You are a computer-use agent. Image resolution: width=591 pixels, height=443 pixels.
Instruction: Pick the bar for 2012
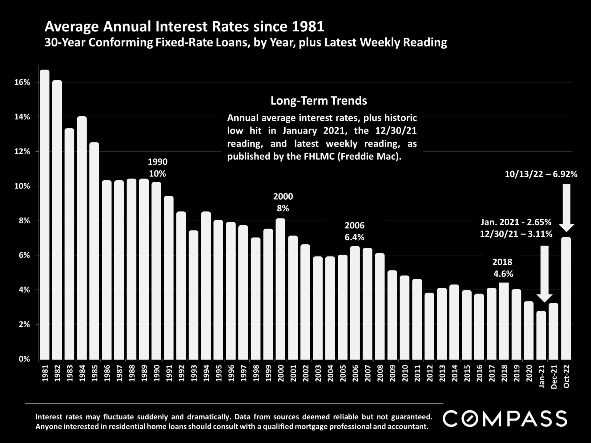click(x=429, y=326)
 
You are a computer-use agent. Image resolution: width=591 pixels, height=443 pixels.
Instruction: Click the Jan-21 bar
click(x=541, y=335)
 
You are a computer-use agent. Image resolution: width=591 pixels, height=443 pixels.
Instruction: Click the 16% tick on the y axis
click(x=22, y=82)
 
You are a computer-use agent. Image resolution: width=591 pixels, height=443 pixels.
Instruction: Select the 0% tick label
click(x=24, y=359)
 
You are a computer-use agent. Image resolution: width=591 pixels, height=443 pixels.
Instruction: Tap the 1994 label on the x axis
click(x=206, y=373)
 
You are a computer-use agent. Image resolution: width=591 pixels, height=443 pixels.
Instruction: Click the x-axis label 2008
click(x=380, y=373)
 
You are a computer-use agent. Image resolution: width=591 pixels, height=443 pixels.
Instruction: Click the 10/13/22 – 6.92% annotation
click(x=541, y=174)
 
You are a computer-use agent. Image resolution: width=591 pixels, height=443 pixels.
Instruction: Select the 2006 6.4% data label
click(x=354, y=231)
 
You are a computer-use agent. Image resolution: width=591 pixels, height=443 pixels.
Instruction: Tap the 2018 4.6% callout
click(x=503, y=268)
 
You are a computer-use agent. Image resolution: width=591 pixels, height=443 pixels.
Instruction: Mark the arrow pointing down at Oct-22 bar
click(x=566, y=208)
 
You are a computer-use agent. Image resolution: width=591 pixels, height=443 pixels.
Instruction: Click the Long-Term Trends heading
click(x=319, y=101)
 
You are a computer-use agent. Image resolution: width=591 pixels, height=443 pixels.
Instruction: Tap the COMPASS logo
click(x=505, y=419)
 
